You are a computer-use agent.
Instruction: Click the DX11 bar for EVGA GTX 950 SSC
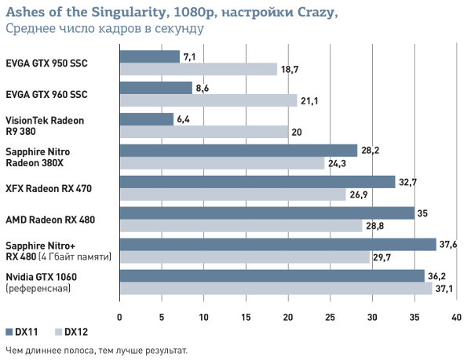point(149,56)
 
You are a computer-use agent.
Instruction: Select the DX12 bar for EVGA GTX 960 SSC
point(208,100)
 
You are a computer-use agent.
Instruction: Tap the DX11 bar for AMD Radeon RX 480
point(266,213)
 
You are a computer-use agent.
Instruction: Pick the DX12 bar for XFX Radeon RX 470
point(232,195)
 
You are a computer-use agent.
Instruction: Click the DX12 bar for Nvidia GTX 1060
point(275,289)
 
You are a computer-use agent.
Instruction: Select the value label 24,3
point(338,163)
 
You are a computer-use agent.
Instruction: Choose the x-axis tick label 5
point(162,318)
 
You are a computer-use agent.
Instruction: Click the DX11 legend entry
point(21,333)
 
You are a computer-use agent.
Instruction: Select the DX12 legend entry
point(69,333)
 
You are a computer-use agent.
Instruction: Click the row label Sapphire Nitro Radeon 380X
point(42,156)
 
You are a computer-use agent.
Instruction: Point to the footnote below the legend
point(96,350)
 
